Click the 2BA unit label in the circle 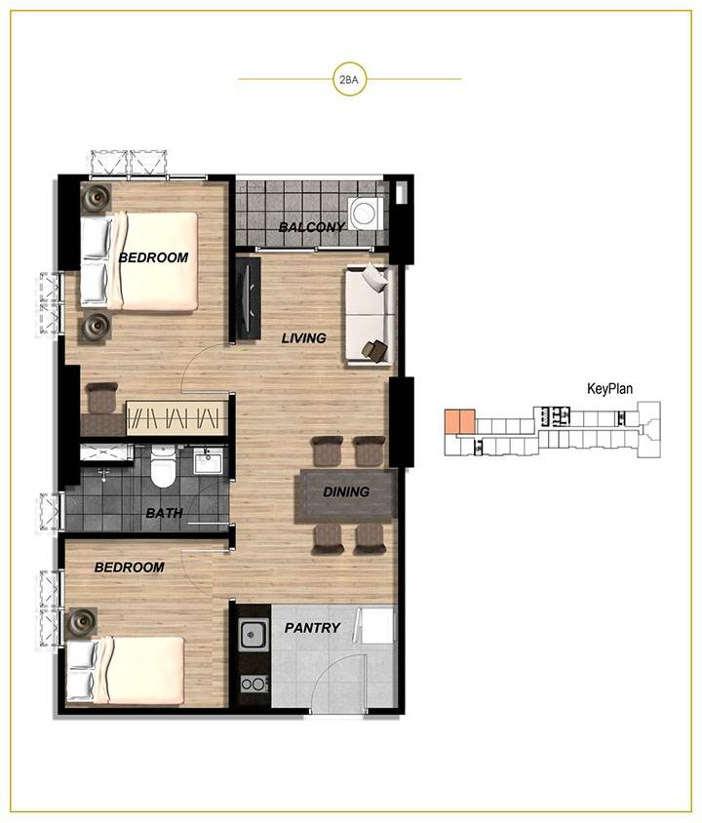pyautogui.click(x=349, y=80)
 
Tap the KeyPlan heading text pyautogui.click(x=609, y=389)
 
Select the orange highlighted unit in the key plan pyautogui.click(x=459, y=421)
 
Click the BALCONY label pyautogui.click(x=312, y=227)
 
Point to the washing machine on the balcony pyautogui.click(x=366, y=214)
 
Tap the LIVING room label pyautogui.click(x=304, y=338)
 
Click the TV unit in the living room pyautogui.click(x=248, y=298)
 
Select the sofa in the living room pyautogui.click(x=370, y=315)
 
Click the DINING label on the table pyautogui.click(x=346, y=491)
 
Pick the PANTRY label pyautogui.click(x=312, y=628)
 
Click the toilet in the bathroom pyautogui.click(x=162, y=466)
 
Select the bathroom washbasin pyautogui.click(x=209, y=461)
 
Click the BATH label pyautogui.click(x=164, y=513)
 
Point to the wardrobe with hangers pyautogui.click(x=176, y=418)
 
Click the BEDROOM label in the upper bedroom pyautogui.click(x=153, y=257)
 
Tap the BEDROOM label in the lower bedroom pyautogui.click(x=129, y=568)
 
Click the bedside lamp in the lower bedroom pyautogui.click(x=81, y=622)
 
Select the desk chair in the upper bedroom pyautogui.click(x=101, y=398)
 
